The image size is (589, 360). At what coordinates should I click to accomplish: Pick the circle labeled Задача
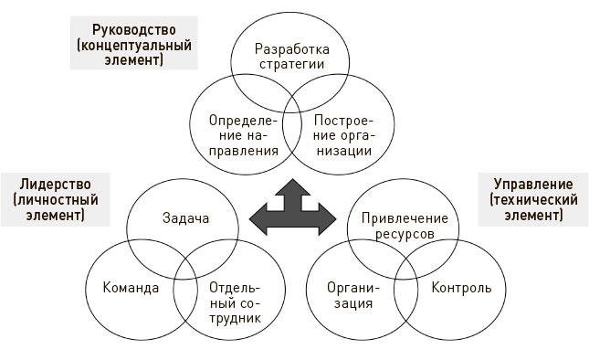tap(185, 219)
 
